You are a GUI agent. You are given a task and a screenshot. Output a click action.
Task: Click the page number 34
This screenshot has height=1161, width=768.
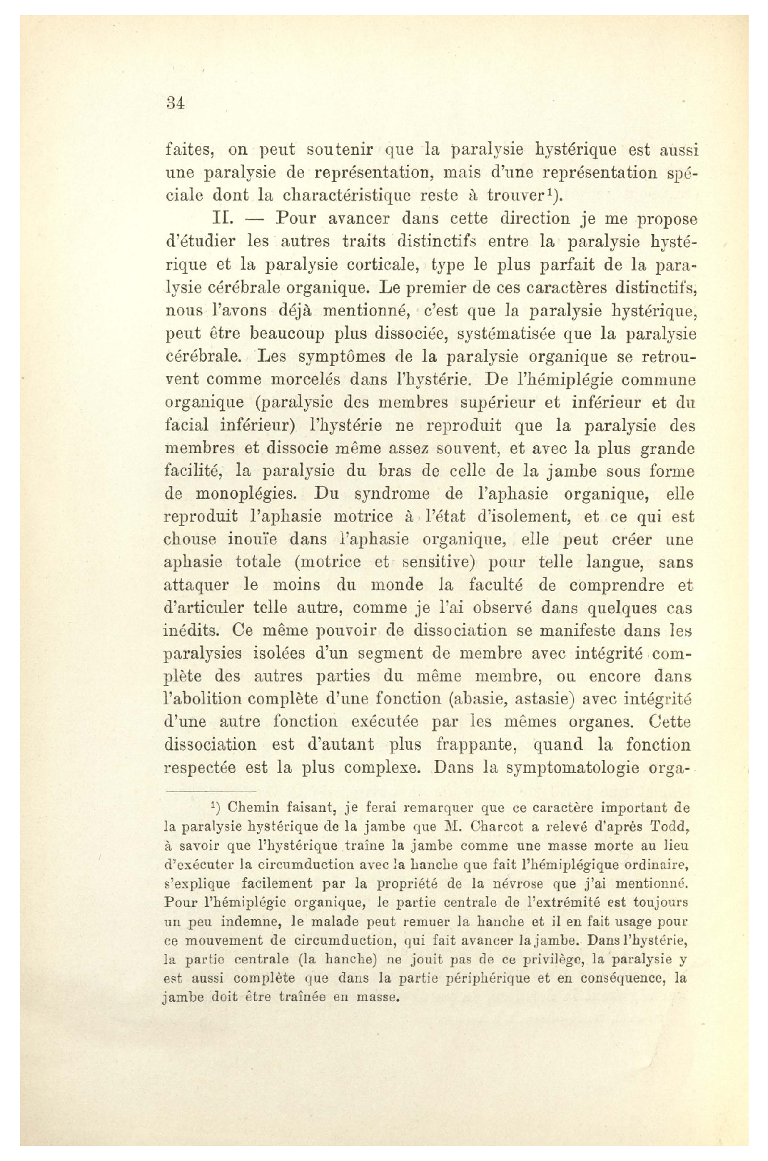pos(175,102)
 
